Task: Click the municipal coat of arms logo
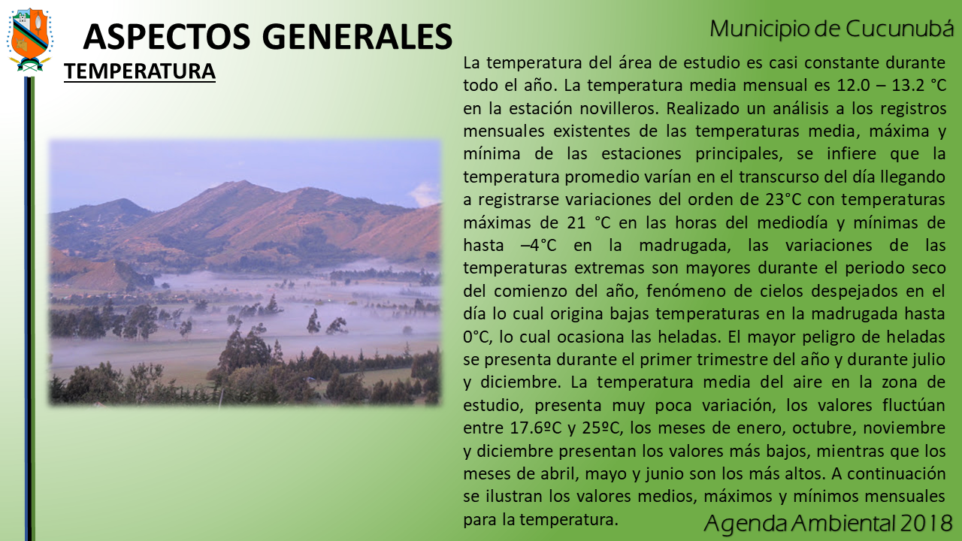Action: tap(29, 39)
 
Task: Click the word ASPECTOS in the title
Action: tap(167, 37)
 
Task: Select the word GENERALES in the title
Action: tap(357, 37)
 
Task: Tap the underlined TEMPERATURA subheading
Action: tap(140, 71)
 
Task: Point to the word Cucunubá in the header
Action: tap(900, 29)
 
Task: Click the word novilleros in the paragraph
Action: tap(619, 108)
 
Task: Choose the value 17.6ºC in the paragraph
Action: tap(536, 428)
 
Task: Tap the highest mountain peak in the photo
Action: tap(243, 182)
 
